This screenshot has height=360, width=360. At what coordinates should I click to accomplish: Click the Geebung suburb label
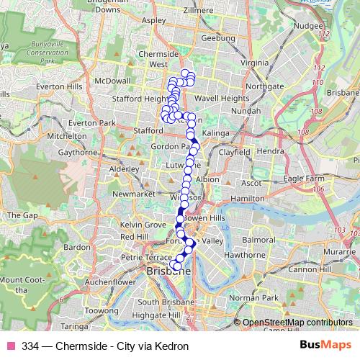[219, 38]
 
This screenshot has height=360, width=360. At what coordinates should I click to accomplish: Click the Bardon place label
[76, 247]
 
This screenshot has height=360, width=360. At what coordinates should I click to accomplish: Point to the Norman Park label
[258, 297]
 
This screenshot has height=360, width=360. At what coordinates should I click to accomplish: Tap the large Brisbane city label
[167, 272]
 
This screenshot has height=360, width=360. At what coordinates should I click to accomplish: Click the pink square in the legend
[11, 346]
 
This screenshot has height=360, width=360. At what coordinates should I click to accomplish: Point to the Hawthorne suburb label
[243, 255]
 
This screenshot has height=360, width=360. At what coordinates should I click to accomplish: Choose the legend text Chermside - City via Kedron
[127, 346]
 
